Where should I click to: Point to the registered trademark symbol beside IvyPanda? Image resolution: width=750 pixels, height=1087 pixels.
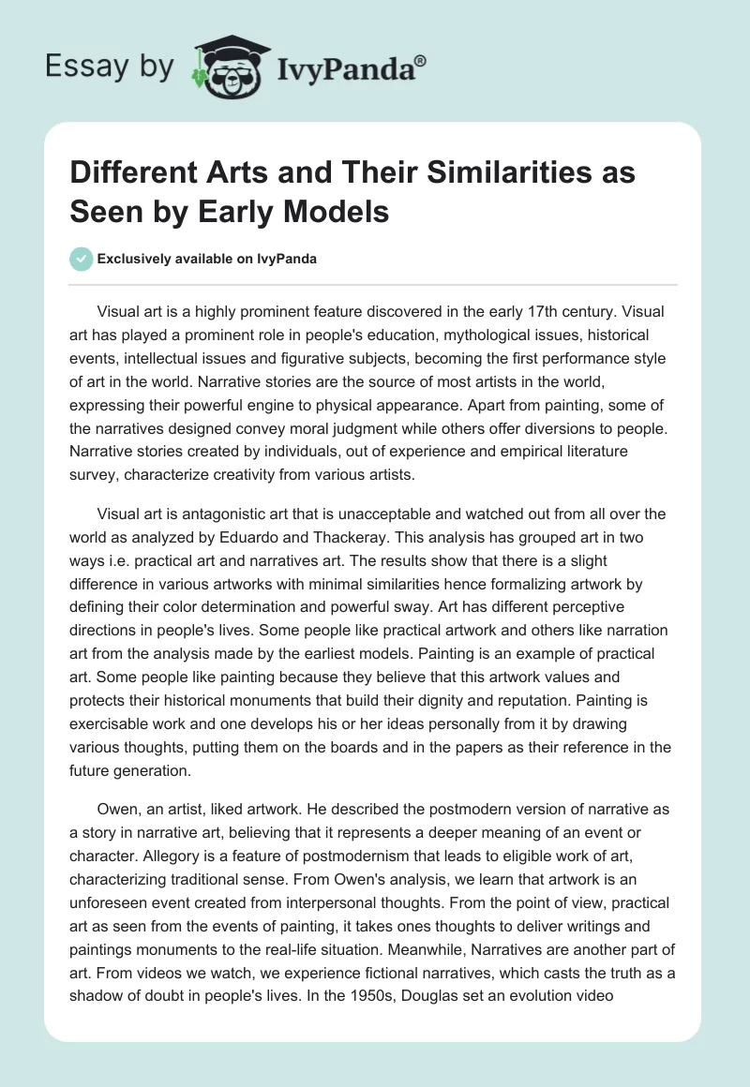coord(420,58)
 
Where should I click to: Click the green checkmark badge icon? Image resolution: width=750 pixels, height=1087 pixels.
coord(82,259)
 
